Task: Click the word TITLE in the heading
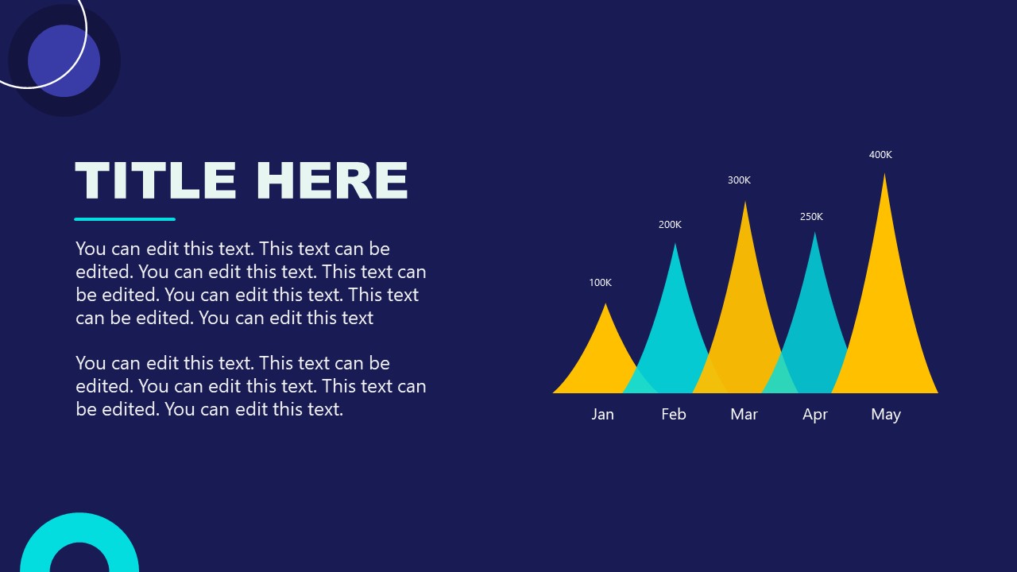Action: [156, 180]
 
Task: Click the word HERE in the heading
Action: [332, 180]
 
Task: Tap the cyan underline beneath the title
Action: [125, 218]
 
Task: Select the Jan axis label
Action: [602, 414]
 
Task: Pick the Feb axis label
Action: [673, 414]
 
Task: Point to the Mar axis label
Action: [744, 414]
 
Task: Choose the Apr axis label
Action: [815, 414]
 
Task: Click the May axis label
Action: [885, 414]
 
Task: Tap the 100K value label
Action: [600, 283]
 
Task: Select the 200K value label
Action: [670, 225]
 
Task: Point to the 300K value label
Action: [739, 180]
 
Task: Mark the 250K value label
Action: [811, 217]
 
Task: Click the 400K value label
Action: [880, 155]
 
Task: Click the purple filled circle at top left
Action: [64, 61]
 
